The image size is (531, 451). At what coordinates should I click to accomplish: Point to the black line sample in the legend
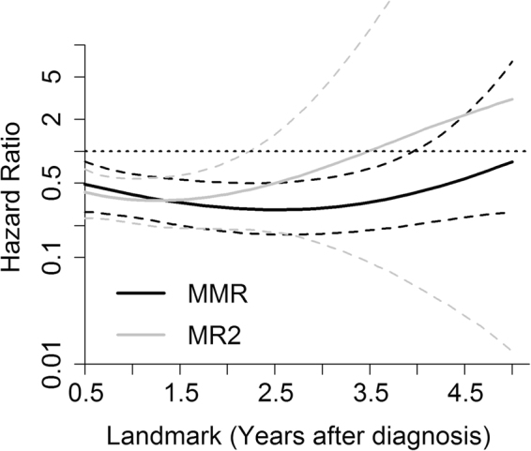[141, 293]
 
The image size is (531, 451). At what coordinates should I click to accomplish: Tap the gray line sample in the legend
[141, 333]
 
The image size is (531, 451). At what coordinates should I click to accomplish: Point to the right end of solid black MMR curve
[513, 161]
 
